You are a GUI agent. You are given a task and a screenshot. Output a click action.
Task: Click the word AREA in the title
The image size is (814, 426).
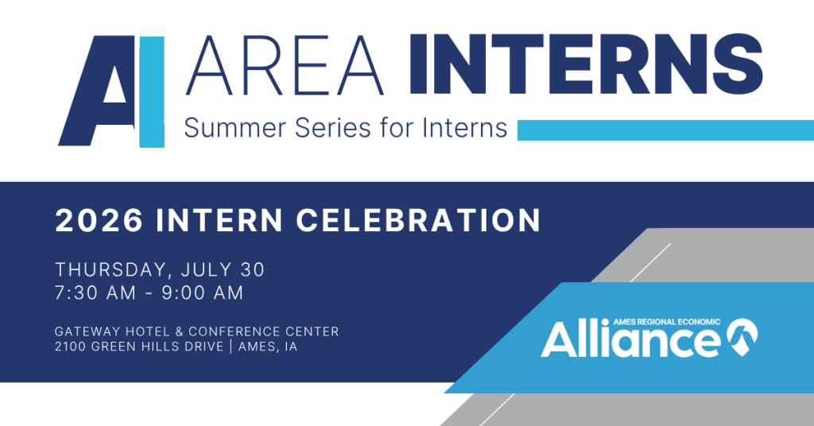(285, 65)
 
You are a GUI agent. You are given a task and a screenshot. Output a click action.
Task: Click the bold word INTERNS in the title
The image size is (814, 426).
(586, 64)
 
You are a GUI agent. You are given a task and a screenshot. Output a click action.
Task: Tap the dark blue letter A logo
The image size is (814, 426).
(97, 91)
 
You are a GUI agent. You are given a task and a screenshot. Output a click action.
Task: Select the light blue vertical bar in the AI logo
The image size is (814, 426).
(152, 92)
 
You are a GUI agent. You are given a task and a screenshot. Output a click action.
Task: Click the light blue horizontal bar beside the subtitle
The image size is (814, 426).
(665, 130)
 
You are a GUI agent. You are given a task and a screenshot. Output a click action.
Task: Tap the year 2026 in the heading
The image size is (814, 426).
(99, 220)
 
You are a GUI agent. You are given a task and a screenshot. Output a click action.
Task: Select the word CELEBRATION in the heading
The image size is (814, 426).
(418, 220)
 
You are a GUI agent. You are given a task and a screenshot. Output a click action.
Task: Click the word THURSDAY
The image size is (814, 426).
(114, 270)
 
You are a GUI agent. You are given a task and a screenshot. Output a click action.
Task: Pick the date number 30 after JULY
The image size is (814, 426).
(253, 269)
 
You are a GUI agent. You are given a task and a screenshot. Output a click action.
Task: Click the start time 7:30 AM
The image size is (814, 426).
(96, 292)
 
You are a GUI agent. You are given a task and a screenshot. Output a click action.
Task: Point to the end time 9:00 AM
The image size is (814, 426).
(203, 292)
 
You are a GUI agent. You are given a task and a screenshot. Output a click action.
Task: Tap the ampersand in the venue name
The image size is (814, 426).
(179, 331)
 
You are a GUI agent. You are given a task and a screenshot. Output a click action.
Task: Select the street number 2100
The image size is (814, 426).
(71, 347)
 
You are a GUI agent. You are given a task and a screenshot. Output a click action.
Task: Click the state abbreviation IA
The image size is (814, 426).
(291, 347)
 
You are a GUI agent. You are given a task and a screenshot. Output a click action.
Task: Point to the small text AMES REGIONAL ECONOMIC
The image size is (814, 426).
(667, 322)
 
